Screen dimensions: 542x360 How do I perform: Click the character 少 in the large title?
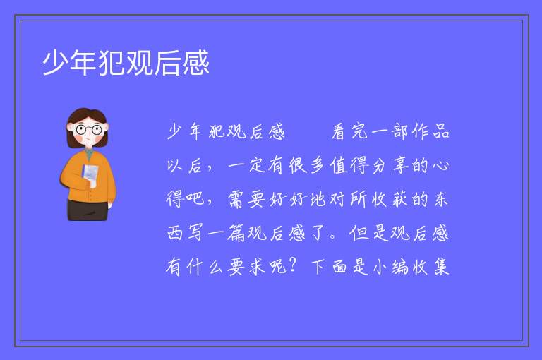(x=55, y=63)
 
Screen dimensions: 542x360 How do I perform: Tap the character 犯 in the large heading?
(x=112, y=63)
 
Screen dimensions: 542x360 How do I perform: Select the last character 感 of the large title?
(x=196, y=63)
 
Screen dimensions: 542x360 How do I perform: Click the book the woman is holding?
(x=90, y=174)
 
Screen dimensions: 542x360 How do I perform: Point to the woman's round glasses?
(x=88, y=130)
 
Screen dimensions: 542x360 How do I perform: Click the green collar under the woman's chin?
(x=90, y=153)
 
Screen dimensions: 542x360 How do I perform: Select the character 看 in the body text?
(x=339, y=132)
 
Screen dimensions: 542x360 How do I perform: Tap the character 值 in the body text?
(x=339, y=165)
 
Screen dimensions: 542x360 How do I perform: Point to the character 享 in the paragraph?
(x=400, y=165)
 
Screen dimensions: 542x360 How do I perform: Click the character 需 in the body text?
(x=236, y=199)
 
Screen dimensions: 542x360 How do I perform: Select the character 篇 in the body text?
(x=236, y=233)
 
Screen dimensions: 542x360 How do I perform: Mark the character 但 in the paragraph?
(x=359, y=233)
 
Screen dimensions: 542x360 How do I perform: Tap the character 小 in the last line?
(x=380, y=267)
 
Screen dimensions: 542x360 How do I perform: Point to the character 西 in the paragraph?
(x=174, y=233)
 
